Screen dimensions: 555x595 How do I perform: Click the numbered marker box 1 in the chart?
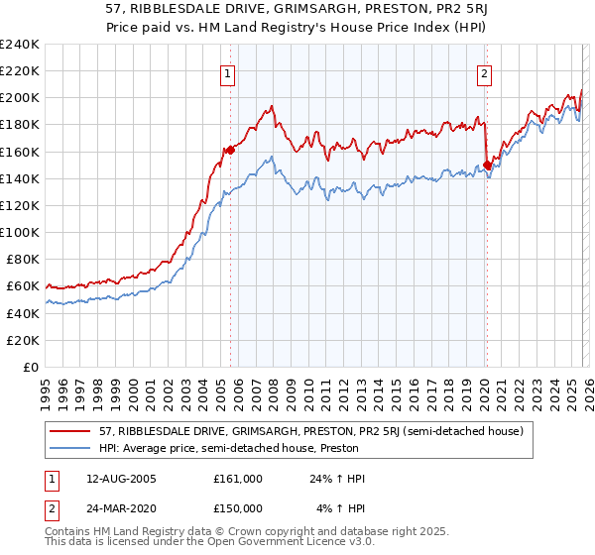(x=229, y=72)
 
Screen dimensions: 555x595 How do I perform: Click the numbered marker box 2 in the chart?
(x=485, y=72)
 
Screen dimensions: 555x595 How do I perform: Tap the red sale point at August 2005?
(x=230, y=150)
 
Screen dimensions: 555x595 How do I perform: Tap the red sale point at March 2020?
(x=487, y=165)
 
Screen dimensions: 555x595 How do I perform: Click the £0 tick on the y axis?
(x=32, y=367)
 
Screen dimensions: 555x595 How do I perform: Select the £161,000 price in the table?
(x=238, y=479)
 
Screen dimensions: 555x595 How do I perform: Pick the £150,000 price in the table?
(x=238, y=508)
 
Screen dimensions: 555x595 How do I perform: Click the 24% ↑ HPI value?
(x=337, y=479)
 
